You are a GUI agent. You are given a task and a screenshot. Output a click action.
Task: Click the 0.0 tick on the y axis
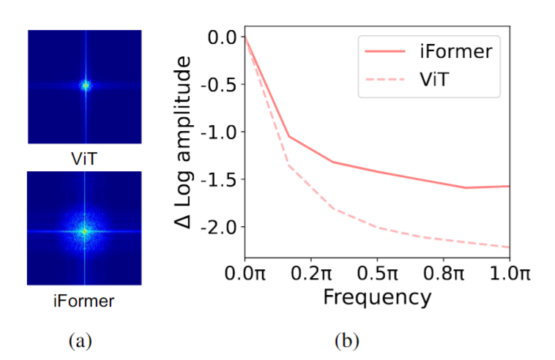pos(223,37)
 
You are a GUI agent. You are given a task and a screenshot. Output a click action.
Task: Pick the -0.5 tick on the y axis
pos(220,84)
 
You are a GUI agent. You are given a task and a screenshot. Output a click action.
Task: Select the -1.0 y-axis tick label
pos(220,132)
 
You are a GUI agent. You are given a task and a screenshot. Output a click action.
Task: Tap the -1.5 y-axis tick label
pos(220,179)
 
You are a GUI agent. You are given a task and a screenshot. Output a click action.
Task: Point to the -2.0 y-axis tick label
pos(220,227)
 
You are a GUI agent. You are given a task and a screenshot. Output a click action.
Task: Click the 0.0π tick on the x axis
pos(245,274)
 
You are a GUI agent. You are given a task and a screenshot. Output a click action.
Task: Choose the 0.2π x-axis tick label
pos(310,274)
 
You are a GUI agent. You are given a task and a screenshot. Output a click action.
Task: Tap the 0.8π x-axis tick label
pos(443,274)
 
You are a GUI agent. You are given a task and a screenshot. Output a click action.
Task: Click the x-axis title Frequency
pos(376,299)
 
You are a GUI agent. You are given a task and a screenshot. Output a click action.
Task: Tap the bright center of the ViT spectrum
pos(85,86)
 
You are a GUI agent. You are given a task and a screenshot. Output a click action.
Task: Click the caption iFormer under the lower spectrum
pos(84,299)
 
